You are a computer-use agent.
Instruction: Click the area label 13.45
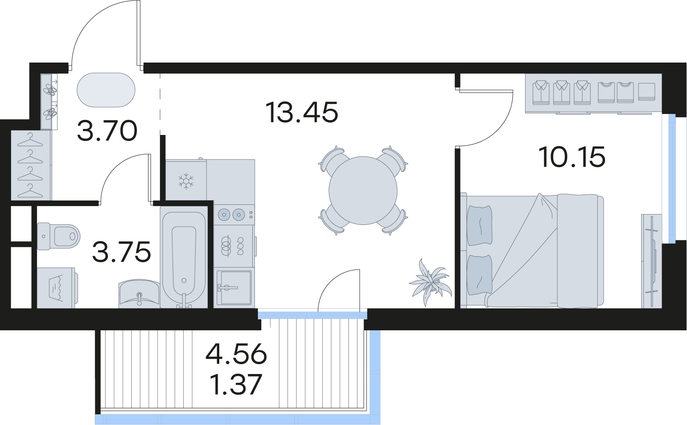coord(302,112)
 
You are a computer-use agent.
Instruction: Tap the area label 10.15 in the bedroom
coord(572,157)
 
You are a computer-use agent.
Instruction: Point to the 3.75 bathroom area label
coord(121,251)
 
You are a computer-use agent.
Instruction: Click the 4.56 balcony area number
coord(236,353)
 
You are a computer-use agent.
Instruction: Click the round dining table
coord(363,191)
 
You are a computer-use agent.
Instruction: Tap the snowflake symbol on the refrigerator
coord(186,181)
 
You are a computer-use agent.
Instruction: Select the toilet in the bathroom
coord(58,236)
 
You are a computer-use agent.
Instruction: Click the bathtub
coord(184,257)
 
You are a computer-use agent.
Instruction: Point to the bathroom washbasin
coord(139,293)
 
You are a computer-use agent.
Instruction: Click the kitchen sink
coord(234,288)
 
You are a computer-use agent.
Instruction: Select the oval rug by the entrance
coord(106,90)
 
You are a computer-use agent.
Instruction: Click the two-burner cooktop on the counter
coord(234,215)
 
